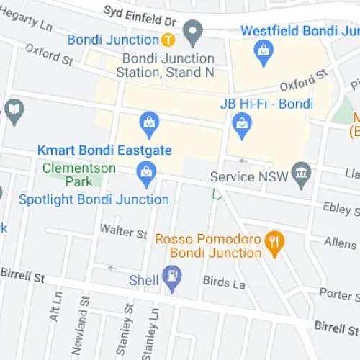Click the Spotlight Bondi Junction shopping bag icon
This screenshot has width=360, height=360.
tap(145, 171)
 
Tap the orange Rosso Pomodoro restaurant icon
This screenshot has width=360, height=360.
tap(274, 243)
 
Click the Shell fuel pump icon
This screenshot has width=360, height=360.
tap(173, 276)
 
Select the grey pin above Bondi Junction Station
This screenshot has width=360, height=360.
tap(192, 31)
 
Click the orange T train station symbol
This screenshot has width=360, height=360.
tap(166, 39)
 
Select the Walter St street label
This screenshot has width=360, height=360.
tap(123, 232)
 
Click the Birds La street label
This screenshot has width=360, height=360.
tap(225, 284)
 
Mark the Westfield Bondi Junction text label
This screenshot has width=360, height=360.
tap(298, 32)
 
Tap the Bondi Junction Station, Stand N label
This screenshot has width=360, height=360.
tap(168, 66)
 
